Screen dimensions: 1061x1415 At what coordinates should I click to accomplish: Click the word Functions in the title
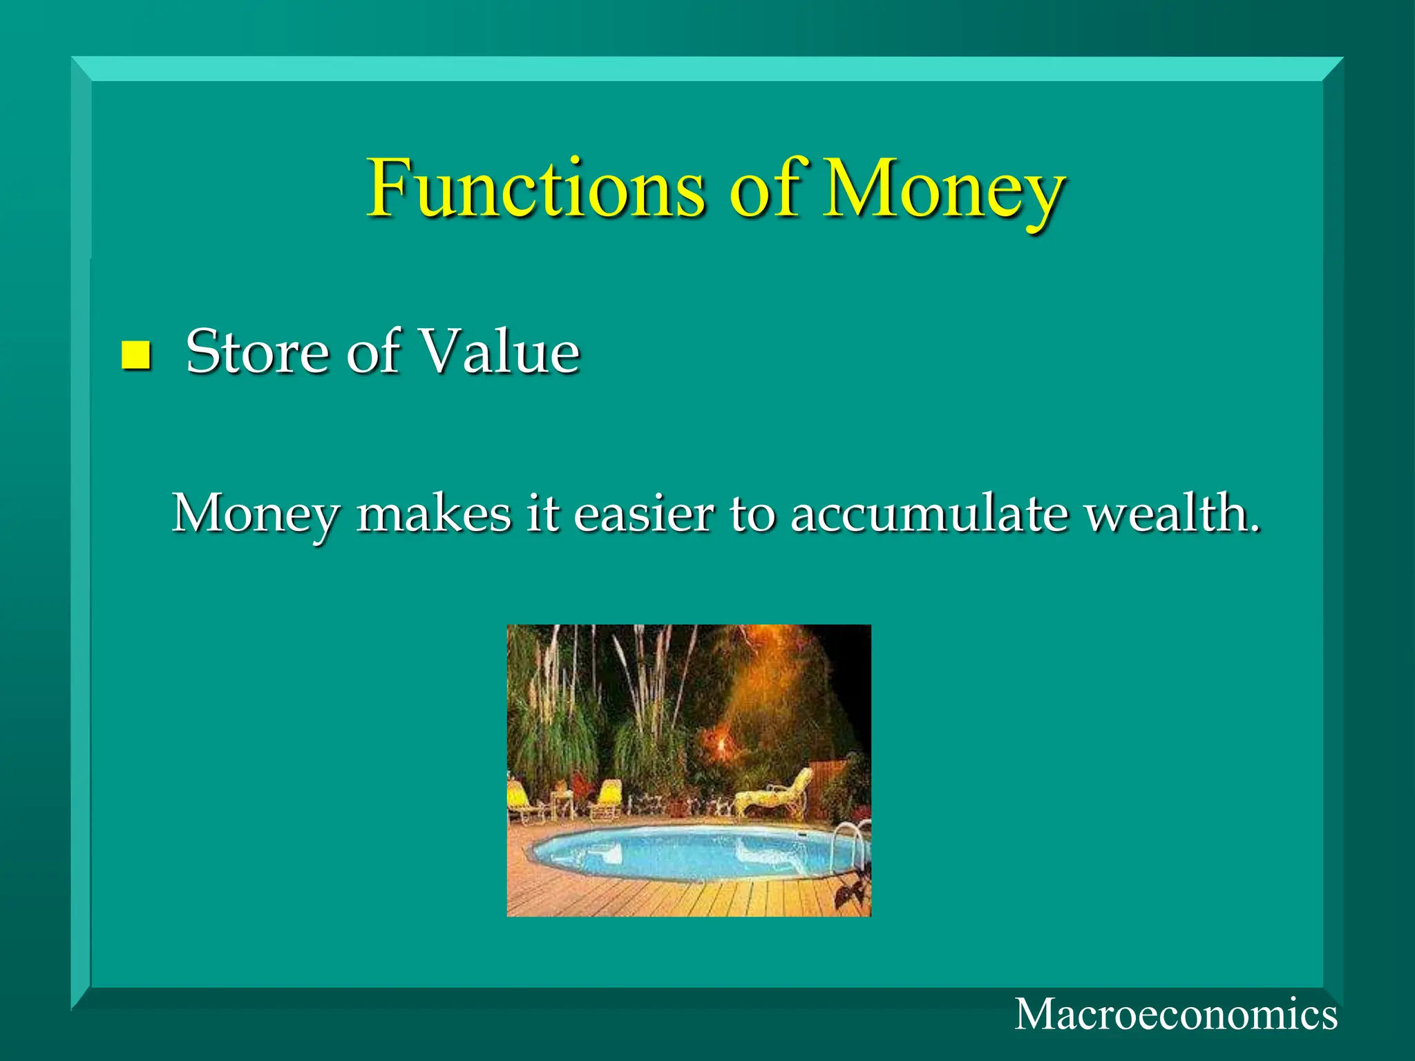click(535, 189)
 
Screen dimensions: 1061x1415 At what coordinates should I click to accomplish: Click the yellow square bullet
click(135, 355)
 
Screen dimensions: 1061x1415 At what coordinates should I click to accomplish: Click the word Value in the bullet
click(500, 352)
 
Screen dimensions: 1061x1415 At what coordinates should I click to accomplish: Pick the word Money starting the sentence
click(256, 515)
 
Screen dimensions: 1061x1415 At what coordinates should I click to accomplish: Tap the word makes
click(433, 515)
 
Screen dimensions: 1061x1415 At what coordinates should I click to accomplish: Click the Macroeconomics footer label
click(1175, 1015)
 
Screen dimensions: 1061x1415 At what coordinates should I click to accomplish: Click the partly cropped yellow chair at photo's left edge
click(517, 801)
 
